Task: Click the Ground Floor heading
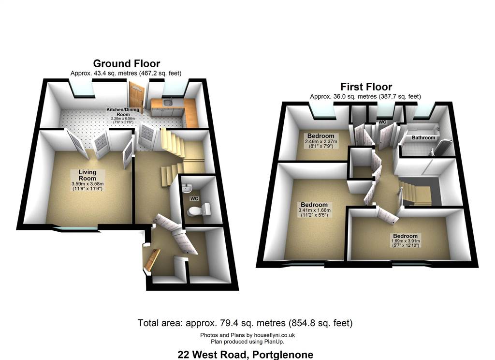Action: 127,63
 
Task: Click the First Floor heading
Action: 366,87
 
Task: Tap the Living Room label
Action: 87,175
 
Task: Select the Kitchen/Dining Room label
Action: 123,112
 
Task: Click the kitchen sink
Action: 167,102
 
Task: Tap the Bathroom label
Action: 423,138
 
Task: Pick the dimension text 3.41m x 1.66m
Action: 314,210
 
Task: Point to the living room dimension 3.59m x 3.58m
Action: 87,184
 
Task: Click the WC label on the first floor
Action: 382,122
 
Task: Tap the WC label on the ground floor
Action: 194,198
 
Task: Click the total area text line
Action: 245,323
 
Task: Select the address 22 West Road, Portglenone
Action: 245,355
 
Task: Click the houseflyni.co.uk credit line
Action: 247,335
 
